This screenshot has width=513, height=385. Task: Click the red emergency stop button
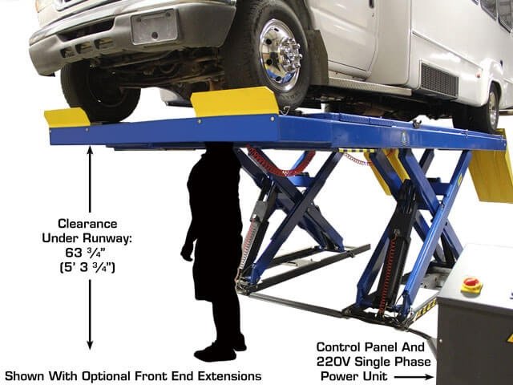click(x=471, y=284)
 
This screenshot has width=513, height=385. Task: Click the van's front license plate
click(x=153, y=27)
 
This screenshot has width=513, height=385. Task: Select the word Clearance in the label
click(x=89, y=223)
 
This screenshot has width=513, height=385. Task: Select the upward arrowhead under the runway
click(x=89, y=152)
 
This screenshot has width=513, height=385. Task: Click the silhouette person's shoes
click(x=216, y=351)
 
